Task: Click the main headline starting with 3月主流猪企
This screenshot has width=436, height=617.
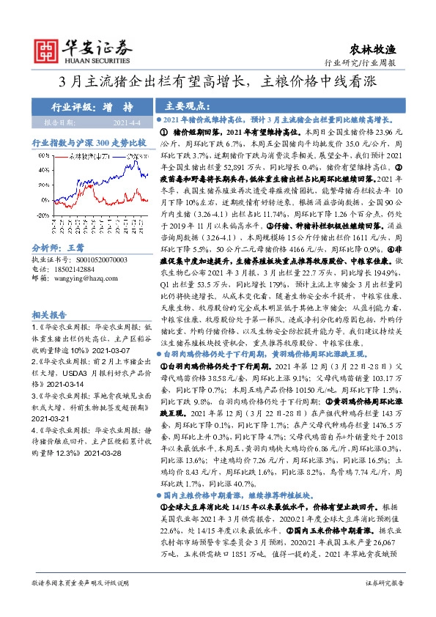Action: click(x=218, y=83)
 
